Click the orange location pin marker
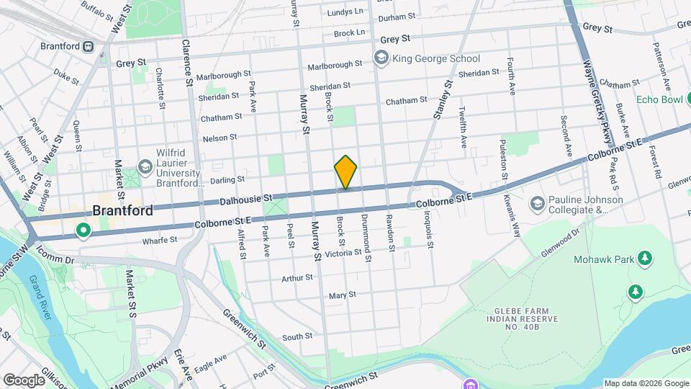point(345,172)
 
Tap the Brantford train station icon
point(88,46)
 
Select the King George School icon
point(379,58)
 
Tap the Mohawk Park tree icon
point(645,259)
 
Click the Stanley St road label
point(441,99)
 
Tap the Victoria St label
point(343,254)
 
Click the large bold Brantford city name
point(122,211)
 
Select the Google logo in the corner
point(24,380)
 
